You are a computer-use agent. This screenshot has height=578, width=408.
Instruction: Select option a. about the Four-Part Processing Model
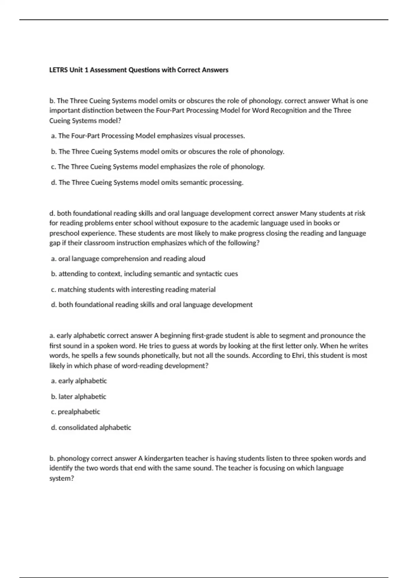click(148, 136)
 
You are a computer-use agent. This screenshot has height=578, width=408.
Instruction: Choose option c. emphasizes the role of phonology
click(158, 167)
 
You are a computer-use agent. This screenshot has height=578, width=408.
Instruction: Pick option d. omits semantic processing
click(147, 183)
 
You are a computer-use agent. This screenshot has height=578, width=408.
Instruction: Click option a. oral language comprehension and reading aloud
click(128, 259)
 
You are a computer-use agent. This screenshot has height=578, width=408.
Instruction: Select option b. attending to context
click(144, 274)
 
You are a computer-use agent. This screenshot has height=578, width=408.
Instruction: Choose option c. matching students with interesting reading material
click(133, 290)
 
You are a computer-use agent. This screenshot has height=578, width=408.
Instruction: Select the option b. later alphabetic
click(79, 397)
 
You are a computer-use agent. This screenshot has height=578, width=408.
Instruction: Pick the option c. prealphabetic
click(75, 412)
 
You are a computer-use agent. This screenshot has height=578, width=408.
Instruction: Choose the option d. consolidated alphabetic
click(91, 428)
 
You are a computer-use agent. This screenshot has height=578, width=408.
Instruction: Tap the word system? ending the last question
click(62, 478)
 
